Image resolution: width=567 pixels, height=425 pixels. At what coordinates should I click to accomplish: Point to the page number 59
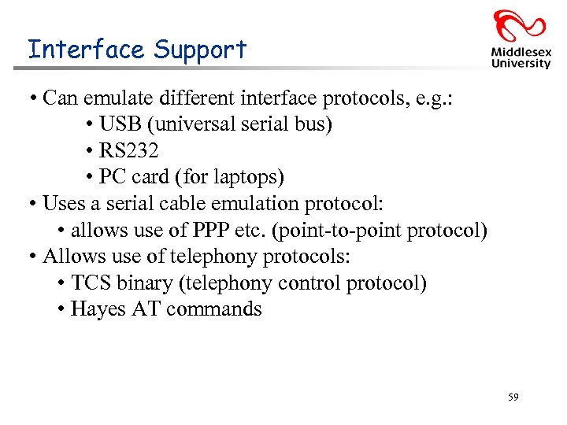513,398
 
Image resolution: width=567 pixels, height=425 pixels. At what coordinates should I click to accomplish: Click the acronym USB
119,124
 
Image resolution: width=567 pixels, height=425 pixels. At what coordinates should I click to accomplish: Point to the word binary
144,283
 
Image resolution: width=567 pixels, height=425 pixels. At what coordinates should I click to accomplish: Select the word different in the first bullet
189,98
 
